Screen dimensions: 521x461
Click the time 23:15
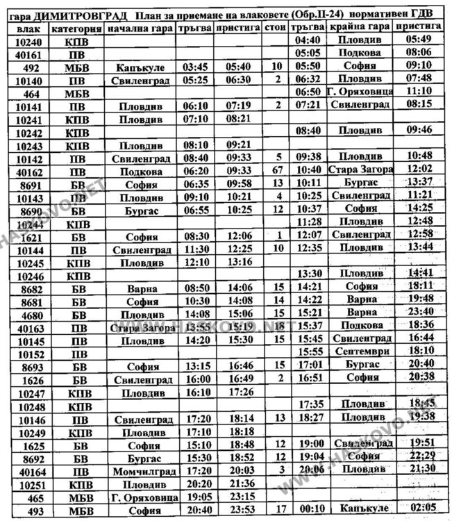(237, 497)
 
